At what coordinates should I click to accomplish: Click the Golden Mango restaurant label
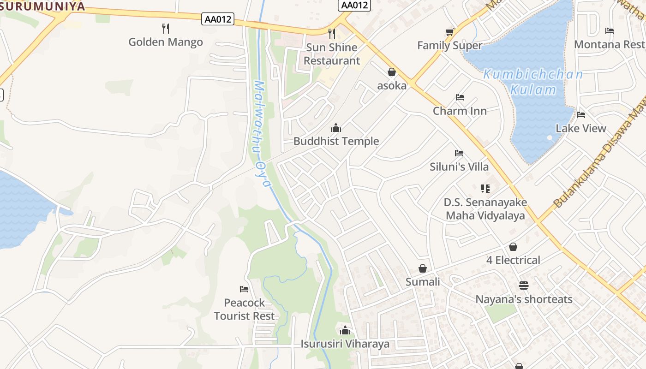pyautogui.click(x=166, y=42)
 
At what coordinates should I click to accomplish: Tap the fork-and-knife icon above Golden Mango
pyautogui.click(x=166, y=29)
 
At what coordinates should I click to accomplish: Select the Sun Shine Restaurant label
pyautogui.click(x=332, y=54)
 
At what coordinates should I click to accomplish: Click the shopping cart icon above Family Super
pyautogui.click(x=450, y=32)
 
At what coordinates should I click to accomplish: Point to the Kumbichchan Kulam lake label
pyautogui.click(x=533, y=82)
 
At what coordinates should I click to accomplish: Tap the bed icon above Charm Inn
pyautogui.click(x=460, y=97)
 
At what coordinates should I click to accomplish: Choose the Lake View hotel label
pyautogui.click(x=581, y=128)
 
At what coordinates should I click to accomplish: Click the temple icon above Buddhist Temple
pyautogui.click(x=336, y=128)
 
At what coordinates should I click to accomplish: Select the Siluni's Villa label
pyautogui.click(x=459, y=167)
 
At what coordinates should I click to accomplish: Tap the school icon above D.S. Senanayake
pyautogui.click(x=485, y=188)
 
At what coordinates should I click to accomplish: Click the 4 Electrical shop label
pyautogui.click(x=513, y=260)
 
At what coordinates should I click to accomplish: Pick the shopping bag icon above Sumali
pyautogui.click(x=423, y=268)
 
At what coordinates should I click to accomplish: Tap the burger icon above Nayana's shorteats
pyautogui.click(x=523, y=286)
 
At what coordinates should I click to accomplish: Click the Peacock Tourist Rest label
pyautogui.click(x=244, y=309)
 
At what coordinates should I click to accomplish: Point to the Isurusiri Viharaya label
pyautogui.click(x=345, y=344)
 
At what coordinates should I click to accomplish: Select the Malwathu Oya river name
pyautogui.click(x=261, y=134)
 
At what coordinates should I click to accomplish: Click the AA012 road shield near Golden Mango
pyautogui.click(x=218, y=19)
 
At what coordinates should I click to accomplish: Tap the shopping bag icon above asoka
pyautogui.click(x=392, y=72)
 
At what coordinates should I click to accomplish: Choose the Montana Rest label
pyautogui.click(x=609, y=44)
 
